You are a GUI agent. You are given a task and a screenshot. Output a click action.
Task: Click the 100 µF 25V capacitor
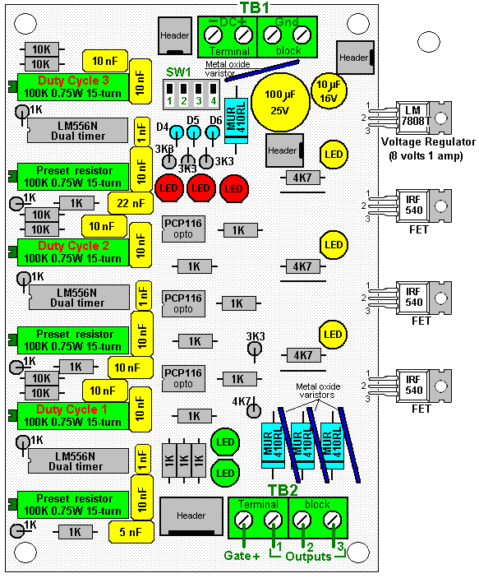tap(280, 102)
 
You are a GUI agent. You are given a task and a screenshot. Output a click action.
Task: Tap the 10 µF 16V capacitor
tap(329, 91)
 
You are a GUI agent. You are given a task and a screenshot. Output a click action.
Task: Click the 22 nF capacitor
tap(131, 203)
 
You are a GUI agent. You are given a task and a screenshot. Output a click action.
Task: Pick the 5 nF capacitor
tap(131, 532)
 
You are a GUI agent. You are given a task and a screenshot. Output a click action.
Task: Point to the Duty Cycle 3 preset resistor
tap(73, 86)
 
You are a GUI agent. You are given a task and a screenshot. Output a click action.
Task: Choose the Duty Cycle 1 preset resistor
tap(73, 416)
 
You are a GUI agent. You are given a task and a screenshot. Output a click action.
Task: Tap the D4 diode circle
tap(177, 132)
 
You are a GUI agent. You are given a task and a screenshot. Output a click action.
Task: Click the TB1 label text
tap(255, 7)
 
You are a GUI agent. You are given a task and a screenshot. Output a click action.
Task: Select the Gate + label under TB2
tap(242, 556)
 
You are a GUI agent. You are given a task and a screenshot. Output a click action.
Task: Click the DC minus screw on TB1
tap(213, 35)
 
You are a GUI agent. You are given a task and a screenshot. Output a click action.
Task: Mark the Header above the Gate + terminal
tap(191, 516)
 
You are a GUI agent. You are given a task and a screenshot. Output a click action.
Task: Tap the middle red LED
tap(200, 188)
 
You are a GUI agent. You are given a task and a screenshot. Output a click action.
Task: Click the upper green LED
tap(225, 442)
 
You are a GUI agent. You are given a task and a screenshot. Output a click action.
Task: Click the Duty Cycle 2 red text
tap(73, 246)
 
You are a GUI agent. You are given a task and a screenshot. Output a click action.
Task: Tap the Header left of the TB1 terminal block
tap(175, 35)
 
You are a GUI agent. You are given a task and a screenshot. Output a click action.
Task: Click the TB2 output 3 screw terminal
tap(333, 520)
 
